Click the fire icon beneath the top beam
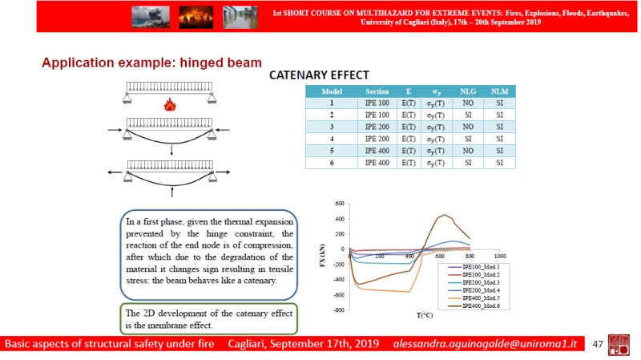coord(169,104)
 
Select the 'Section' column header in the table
coord(377,91)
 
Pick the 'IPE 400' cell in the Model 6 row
coord(377,164)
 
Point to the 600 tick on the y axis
coord(341,204)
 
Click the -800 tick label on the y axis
coord(339,309)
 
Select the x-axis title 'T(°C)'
coord(426,315)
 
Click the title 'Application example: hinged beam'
coord(151,63)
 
